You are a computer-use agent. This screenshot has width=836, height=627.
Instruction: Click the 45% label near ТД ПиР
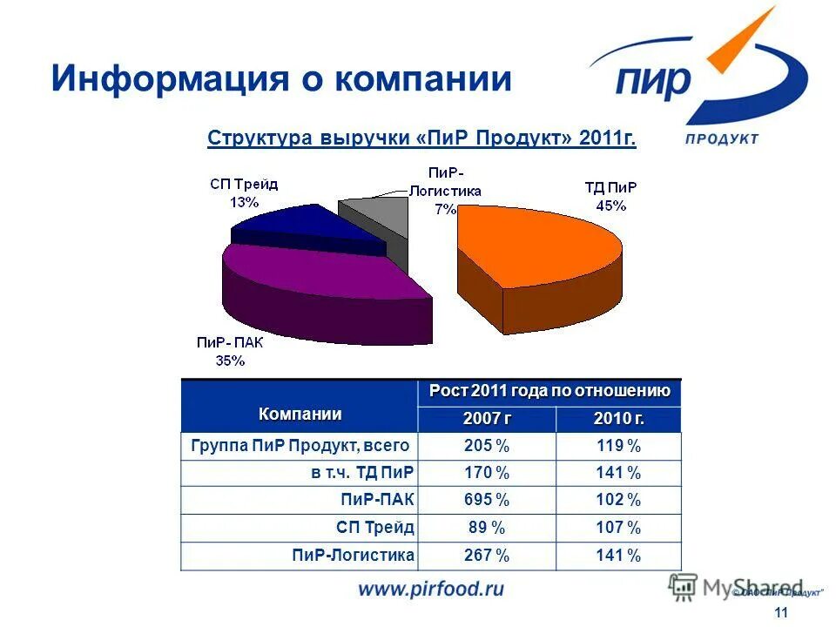coord(610,206)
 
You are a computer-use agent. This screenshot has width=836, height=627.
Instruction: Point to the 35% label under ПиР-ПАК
coord(230,361)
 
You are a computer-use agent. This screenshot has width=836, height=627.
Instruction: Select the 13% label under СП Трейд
coord(244,201)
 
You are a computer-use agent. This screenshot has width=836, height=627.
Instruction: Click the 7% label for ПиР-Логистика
coord(446,209)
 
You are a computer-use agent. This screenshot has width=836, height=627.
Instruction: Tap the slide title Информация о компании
coord(280,78)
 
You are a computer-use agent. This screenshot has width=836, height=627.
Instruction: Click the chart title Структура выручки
coord(421,139)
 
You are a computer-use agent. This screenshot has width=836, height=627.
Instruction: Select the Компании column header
coord(300,414)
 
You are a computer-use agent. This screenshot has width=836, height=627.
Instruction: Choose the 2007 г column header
coord(487,419)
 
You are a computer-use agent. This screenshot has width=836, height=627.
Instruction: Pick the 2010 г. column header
coord(619,419)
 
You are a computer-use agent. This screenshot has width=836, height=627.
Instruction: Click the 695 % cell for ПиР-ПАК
coord(487,500)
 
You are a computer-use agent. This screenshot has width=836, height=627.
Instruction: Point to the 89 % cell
coord(487,528)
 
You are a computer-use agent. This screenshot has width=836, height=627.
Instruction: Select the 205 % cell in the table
coord(487,446)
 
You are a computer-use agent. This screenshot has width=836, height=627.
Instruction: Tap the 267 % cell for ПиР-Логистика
coord(487,556)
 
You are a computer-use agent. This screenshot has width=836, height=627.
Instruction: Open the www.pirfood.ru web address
coord(431,590)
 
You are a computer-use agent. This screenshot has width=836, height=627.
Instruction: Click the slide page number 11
coord(780,613)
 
